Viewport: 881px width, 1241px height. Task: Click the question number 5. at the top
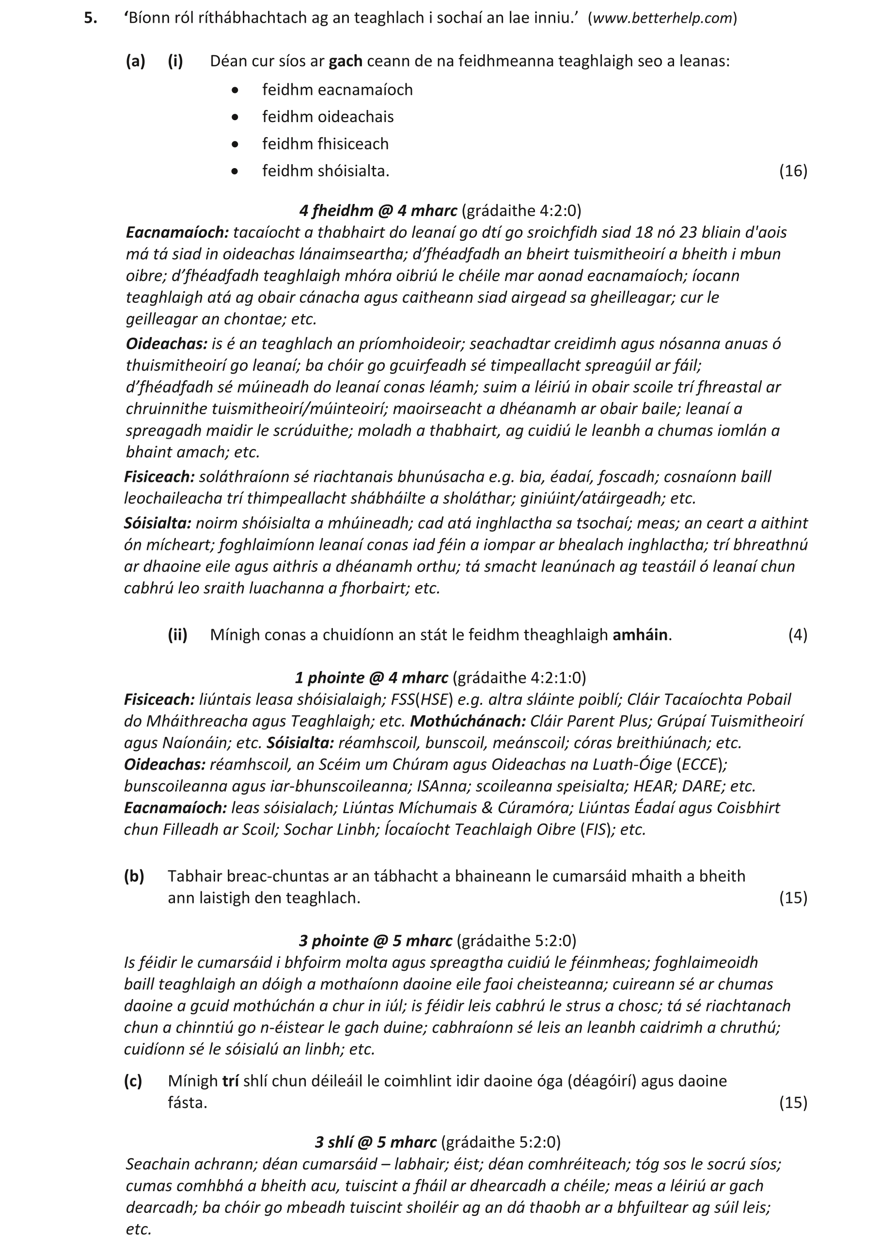pos(91,18)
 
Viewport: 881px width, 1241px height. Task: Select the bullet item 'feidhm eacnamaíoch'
pos(337,90)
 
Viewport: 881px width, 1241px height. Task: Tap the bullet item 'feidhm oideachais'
pos(328,117)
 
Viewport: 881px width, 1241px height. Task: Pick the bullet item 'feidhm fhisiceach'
pos(326,144)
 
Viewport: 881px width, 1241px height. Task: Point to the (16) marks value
pos(793,171)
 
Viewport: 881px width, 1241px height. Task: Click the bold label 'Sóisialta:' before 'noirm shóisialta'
pos(157,523)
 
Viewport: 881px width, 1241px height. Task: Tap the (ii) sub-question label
pos(177,635)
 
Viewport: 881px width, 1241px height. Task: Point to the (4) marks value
pos(798,635)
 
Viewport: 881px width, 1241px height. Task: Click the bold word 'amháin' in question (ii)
pos(640,635)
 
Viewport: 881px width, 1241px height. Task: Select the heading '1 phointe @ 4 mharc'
pos(372,678)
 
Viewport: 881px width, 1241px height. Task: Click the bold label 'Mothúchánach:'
pos(468,722)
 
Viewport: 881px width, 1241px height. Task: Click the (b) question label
pos(134,877)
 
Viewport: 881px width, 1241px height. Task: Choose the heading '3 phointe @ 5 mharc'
pos(376,941)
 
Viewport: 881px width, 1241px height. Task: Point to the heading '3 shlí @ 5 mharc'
pos(376,1142)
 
